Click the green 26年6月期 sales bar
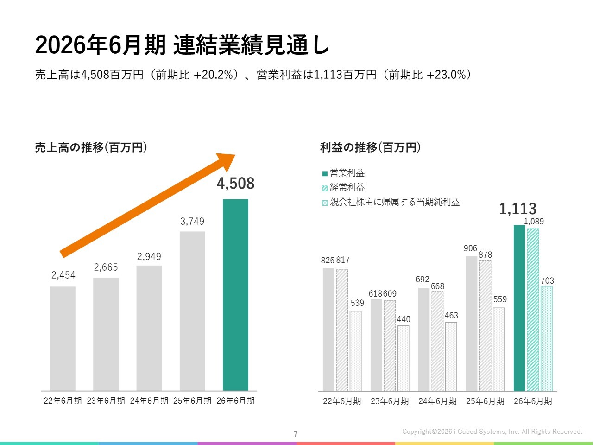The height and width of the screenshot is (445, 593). pyautogui.click(x=235, y=295)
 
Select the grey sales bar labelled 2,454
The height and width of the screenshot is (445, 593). pyautogui.click(x=63, y=338)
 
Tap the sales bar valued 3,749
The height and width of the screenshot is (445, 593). pyautogui.click(x=192, y=311)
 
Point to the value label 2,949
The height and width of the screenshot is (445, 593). pyautogui.click(x=149, y=256)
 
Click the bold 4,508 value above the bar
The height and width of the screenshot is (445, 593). pyautogui.click(x=235, y=184)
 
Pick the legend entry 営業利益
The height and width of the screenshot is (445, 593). pyautogui.click(x=347, y=173)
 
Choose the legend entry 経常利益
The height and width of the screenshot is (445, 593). pyautogui.click(x=347, y=187)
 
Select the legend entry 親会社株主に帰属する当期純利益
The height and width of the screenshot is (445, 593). pyautogui.click(x=394, y=202)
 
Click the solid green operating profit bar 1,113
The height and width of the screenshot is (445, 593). pyautogui.click(x=519, y=308)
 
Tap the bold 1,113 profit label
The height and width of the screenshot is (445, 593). pyautogui.click(x=517, y=209)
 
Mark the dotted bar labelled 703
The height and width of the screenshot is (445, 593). pyautogui.click(x=547, y=338)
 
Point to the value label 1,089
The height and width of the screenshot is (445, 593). pyautogui.click(x=534, y=222)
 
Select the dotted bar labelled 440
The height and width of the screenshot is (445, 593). pyautogui.click(x=403, y=358)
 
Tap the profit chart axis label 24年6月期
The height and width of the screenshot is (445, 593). pyautogui.click(x=437, y=401)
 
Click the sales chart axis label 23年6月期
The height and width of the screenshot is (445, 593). pyautogui.click(x=106, y=400)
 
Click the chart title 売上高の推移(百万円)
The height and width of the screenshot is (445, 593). pyautogui.click(x=91, y=147)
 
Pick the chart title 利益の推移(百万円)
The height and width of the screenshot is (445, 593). pyautogui.click(x=371, y=147)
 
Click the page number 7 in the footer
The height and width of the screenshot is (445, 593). pyautogui.click(x=296, y=434)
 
